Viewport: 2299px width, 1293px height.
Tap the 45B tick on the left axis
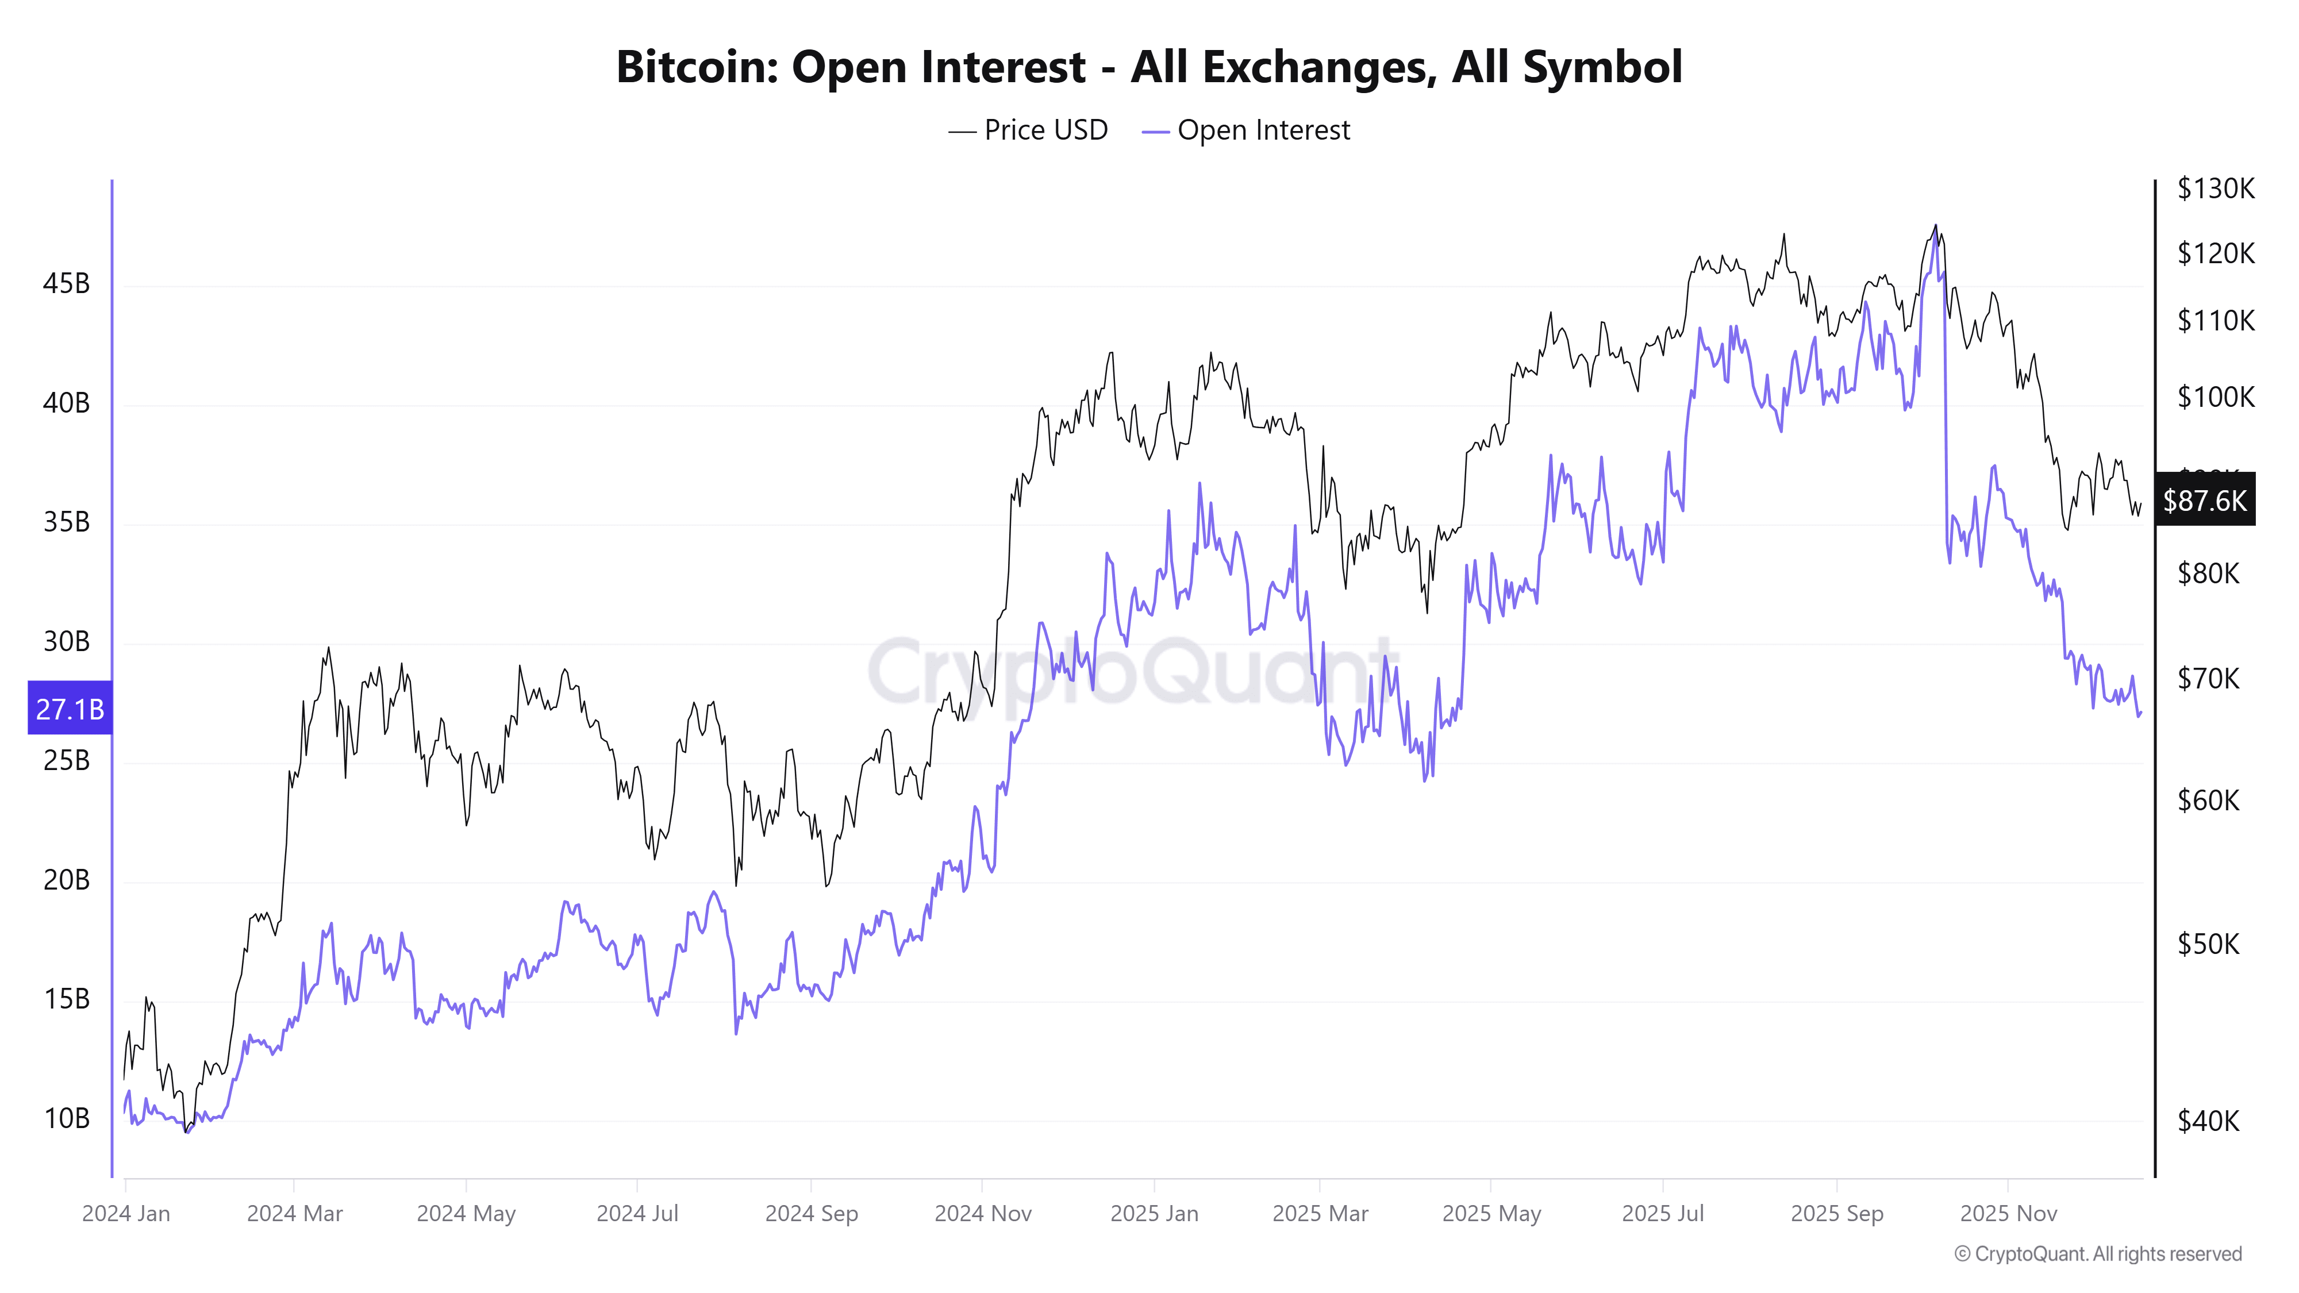pos(66,284)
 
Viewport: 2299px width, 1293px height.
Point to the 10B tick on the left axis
pos(66,1118)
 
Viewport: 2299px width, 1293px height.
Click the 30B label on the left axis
pos(66,641)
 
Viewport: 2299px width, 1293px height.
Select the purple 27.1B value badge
pos(70,709)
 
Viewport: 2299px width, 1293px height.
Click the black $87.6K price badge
pos(2204,500)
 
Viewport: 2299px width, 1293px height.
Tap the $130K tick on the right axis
pos(2215,188)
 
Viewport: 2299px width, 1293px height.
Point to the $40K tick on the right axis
pos(2208,1120)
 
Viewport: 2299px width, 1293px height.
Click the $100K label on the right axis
pos(2215,396)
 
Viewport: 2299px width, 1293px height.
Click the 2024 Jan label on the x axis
pos(126,1214)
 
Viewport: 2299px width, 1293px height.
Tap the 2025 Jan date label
pos(1154,1214)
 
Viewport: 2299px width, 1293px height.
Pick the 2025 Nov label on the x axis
pos(2008,1214)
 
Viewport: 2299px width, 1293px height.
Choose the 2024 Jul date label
pos(637,1214)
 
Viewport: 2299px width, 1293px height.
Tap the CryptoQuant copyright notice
pos(2097,1254)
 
